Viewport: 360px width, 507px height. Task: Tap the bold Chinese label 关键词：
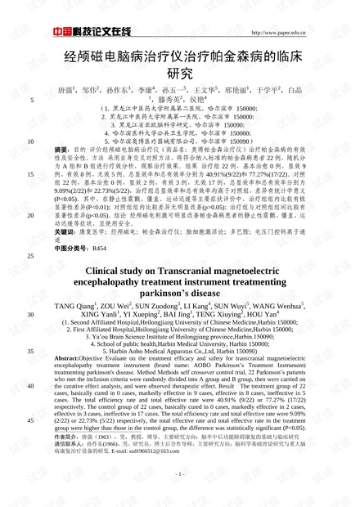(x=65, y=231)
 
